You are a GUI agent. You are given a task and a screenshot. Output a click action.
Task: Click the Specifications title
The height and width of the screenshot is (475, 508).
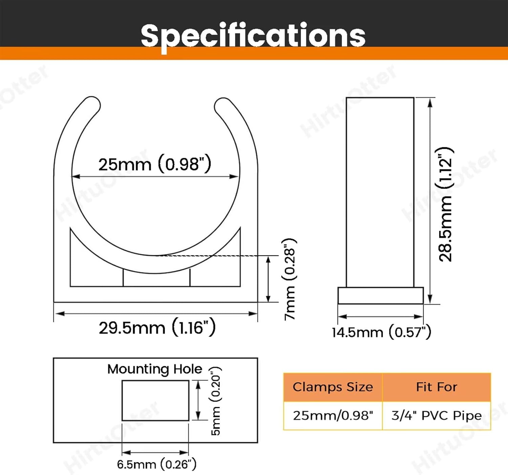(x=253, y=36)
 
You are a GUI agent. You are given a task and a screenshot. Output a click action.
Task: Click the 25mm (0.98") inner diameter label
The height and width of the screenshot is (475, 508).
(x=155, y=164)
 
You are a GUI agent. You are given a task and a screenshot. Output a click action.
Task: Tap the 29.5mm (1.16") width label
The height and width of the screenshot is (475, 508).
(x=157, y=328)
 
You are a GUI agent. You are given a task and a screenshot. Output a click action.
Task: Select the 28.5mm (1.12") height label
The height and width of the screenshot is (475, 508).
(x=446, y=204)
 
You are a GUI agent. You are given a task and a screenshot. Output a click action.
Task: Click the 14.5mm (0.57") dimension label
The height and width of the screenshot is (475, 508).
(x=381, y=332)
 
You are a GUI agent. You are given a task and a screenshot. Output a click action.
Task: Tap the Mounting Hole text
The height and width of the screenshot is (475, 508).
(x=155, y=369)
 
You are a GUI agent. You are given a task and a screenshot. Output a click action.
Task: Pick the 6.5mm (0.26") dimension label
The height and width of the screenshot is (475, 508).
(x=156, y=464)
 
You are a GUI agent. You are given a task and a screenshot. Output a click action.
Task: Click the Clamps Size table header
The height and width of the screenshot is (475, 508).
(x=333, y=387)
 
